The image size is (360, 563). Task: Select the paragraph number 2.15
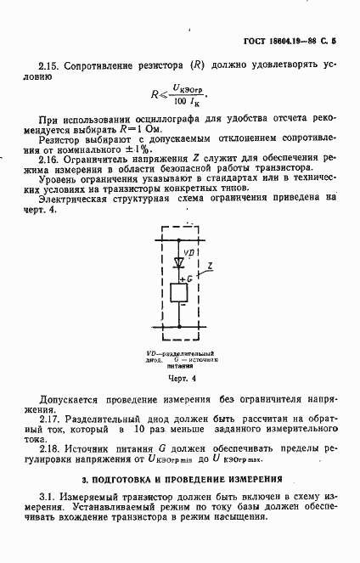pos(50,63)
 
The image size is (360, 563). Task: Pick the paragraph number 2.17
pos(50,419)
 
